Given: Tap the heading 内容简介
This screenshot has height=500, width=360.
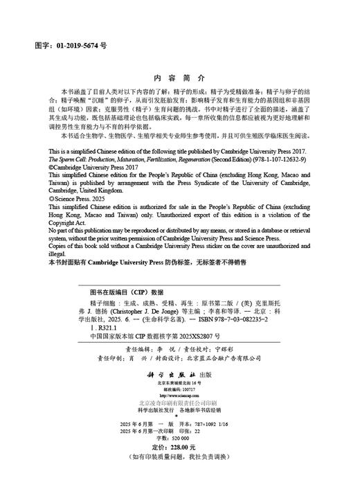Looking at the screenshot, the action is (179, 78).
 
